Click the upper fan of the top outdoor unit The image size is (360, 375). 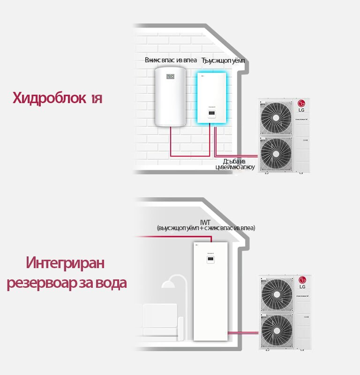[276, 116]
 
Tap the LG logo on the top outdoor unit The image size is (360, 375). [301, 103]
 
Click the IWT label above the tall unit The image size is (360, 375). [205, 222]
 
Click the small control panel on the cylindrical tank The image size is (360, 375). [170, 75]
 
